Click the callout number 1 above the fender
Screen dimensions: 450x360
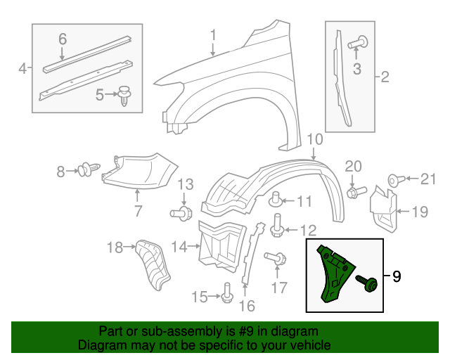(212, 34)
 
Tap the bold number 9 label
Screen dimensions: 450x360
(397, 276)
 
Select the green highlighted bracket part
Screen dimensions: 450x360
(333, 274)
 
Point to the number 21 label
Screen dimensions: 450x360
(428, 180)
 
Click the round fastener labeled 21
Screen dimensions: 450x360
(394, 180)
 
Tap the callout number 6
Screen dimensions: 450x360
(62, 39)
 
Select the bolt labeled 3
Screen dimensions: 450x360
(358, 43)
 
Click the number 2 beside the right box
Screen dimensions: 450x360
(385, 77)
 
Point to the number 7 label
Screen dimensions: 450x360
(137, 210)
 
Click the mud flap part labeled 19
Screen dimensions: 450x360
(384, 209)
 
